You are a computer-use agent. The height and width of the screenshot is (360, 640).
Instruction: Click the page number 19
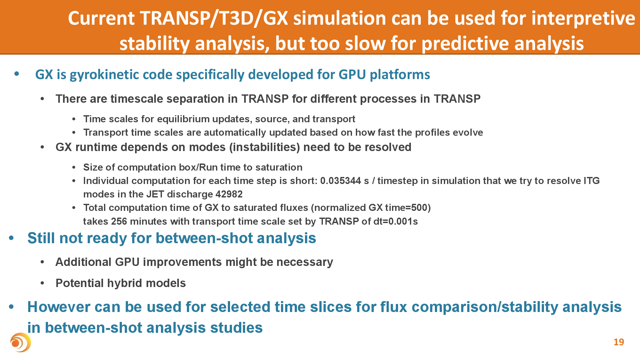pos(619,342)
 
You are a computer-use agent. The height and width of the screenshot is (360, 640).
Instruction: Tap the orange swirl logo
pos(20,342)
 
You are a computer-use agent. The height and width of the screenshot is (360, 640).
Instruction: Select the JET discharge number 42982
pos(229,194)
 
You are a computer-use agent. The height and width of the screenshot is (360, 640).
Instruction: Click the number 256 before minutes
pos(119,221)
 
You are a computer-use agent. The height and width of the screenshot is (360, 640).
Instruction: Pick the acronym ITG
pos(592,181)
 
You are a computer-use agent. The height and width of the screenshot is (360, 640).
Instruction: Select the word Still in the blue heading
pos(41,238)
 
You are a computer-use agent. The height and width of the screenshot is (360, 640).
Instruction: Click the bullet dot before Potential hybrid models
pos(43,283)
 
